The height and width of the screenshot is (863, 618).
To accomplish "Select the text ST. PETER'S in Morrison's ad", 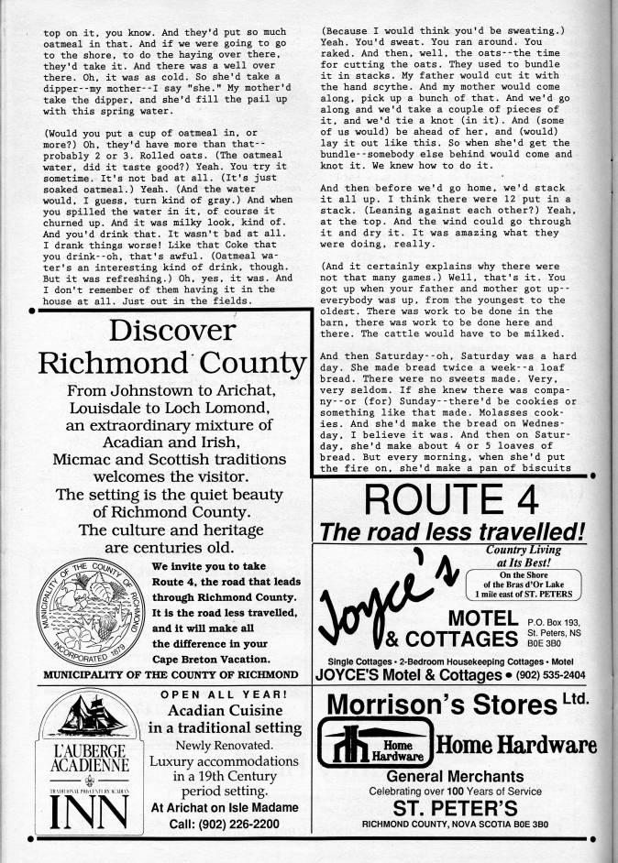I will (x=451, y=807).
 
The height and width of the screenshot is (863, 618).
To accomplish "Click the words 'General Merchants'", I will (x=452, y=775).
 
